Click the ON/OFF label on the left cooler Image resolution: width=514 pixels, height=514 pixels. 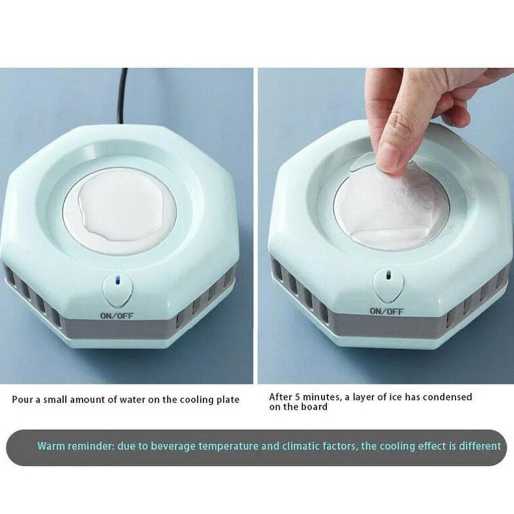click(116, 316)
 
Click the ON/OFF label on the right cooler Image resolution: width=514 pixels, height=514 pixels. click(387, 311)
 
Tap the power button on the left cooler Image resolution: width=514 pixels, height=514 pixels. click(117, 291)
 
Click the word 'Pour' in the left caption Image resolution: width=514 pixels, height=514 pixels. click(22, 400)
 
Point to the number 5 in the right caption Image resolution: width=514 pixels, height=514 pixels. click(297, 397)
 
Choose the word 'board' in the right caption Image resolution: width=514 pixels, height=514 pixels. click(315, 407)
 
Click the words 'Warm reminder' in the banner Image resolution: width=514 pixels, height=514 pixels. click(76, 446)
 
